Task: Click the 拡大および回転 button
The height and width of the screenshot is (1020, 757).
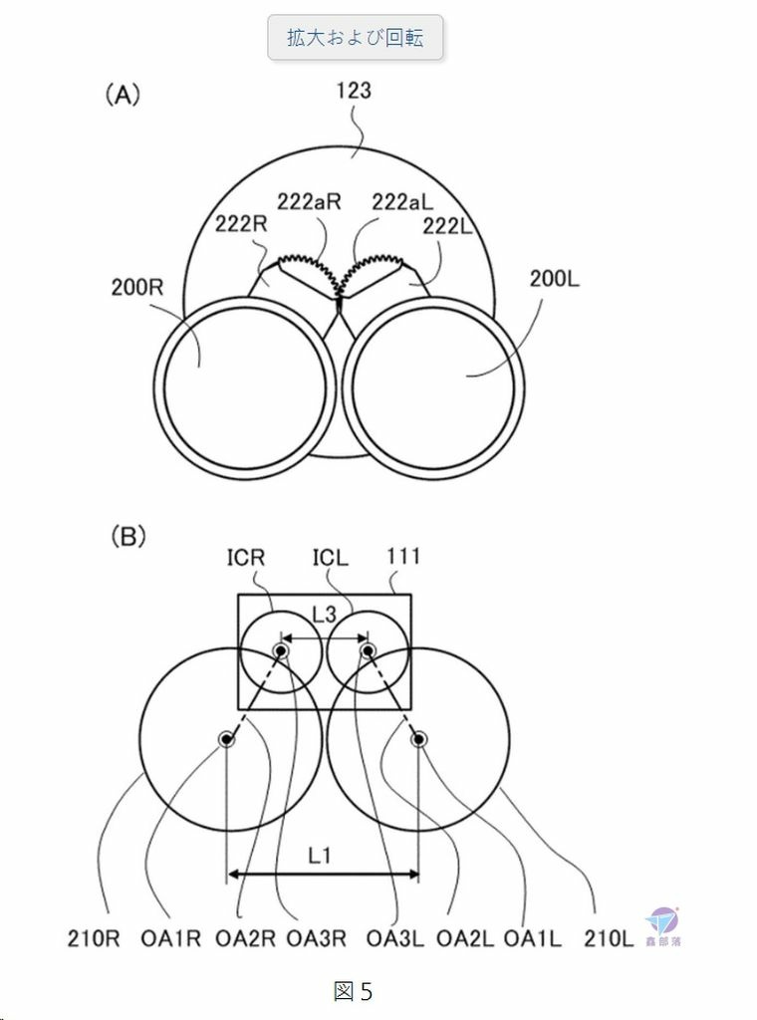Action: coord(355,38)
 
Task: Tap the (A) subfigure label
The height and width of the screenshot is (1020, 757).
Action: coord(123,95)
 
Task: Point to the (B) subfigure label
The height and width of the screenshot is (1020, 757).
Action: coord(128,537)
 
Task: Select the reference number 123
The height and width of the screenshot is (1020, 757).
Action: coord(354,90)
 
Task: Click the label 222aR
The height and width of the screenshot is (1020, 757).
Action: coord(309,201)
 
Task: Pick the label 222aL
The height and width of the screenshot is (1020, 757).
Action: coord(402,202)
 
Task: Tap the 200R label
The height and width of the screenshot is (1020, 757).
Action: coord(137,286)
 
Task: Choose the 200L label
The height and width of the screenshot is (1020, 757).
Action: coord(554,279)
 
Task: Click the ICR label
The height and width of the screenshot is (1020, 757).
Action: coord(246,558)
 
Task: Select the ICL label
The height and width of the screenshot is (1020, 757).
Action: coord(331,558)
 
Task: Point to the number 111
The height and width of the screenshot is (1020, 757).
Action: coord(403,557)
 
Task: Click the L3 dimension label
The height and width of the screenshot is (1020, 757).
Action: coord(324,614)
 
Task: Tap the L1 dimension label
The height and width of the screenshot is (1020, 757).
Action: coord(320,855)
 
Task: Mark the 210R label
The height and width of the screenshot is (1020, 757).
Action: coord(95,938)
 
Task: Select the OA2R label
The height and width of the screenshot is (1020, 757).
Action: coord(245,938)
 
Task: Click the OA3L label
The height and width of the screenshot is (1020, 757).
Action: coord(394,938)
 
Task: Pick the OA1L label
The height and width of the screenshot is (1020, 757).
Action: coord(533,938)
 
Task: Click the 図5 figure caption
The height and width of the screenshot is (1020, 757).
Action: coord(354,991)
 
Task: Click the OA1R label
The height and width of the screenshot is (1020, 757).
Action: coord(171,938)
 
